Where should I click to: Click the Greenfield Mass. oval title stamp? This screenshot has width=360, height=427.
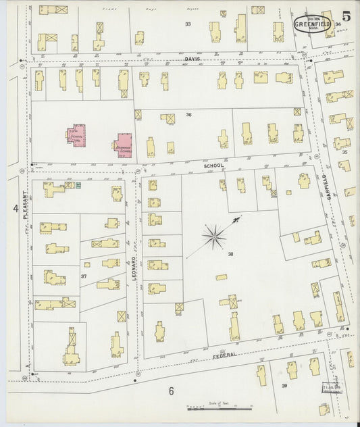pos(311,22)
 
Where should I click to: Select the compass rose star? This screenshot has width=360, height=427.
pos(215,236)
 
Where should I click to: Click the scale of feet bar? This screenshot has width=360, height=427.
pos(220,409)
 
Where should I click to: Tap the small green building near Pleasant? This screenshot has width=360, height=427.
pos(78,184)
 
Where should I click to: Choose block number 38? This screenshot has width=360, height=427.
pos(230,254)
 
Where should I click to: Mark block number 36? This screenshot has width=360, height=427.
pos(189,114)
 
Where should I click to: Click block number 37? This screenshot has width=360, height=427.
pos(84,277)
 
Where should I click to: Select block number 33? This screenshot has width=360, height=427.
pos(188,24)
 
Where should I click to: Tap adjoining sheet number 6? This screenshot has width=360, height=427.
pos(172,391)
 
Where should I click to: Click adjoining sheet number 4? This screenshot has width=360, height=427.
pos(15,209)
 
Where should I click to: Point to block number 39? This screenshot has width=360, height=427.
pos(284,386)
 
